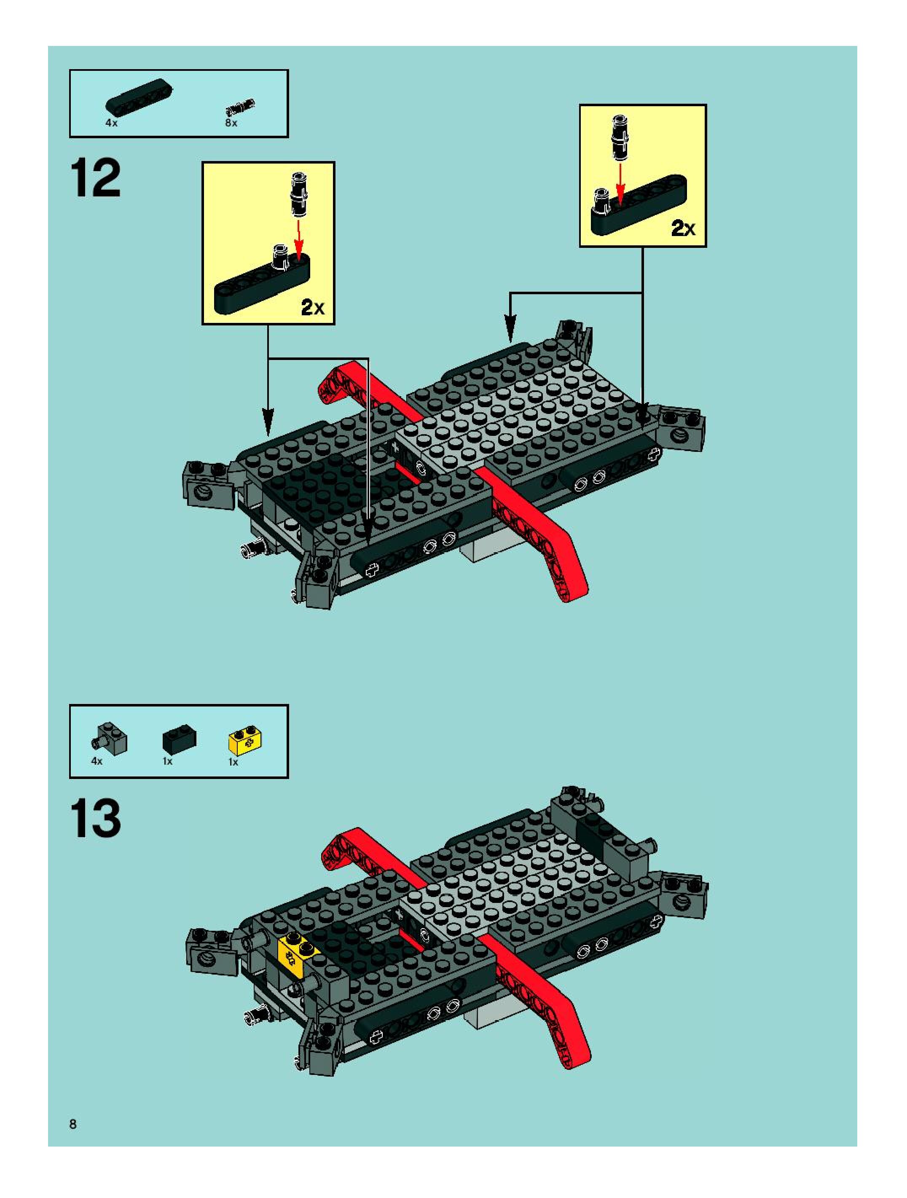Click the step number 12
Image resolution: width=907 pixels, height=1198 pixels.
95,179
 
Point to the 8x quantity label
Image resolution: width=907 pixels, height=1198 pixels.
231,123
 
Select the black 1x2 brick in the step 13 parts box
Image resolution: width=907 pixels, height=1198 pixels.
179,740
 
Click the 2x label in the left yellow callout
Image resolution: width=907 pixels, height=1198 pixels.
312,308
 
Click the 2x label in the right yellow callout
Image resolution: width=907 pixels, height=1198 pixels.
683,228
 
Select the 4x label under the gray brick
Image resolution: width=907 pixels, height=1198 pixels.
97,761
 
